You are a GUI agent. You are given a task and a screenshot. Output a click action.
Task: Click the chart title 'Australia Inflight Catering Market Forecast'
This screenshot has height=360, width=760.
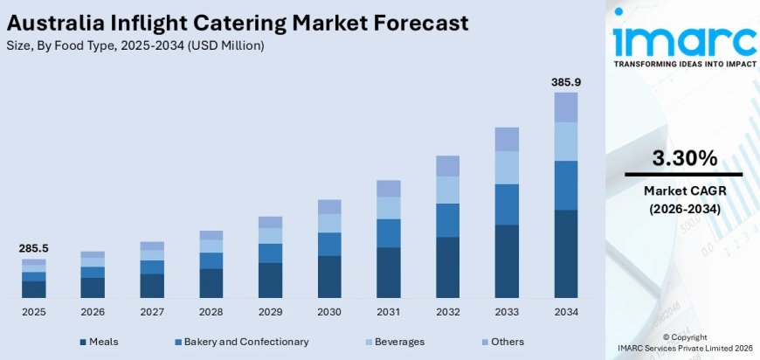coord(236,22)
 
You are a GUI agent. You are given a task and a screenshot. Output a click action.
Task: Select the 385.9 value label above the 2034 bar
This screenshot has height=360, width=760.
coord(566,82)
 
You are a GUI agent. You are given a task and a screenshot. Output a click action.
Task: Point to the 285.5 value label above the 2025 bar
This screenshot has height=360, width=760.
coord(33,248)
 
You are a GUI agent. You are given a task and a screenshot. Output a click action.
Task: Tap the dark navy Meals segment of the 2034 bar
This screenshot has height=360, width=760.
coord(566,253)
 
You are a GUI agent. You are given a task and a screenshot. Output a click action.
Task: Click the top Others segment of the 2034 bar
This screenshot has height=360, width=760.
coord(566,107)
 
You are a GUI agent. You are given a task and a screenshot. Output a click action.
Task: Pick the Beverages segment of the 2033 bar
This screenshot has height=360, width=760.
coord(507,167)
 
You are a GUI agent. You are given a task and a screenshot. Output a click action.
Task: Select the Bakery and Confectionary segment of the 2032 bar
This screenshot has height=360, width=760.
coord(447,220)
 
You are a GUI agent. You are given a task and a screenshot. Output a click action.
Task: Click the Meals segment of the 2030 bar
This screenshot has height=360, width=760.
coord(329,276)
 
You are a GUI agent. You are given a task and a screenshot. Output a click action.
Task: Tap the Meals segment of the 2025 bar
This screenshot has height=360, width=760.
coord(33,289)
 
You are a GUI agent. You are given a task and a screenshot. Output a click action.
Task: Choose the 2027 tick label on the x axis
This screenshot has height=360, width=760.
coord(152,311)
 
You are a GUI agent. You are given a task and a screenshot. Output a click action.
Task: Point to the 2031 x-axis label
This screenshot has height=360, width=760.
coord(389,311)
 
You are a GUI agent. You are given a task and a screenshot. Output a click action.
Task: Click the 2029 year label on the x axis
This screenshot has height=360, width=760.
coord(270,311)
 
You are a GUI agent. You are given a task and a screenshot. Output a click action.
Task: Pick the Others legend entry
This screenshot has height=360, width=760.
coord(502,342)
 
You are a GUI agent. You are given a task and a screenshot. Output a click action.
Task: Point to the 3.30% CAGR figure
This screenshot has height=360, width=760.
coord(684,158)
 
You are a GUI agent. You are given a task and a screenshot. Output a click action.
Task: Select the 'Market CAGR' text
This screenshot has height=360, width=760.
coord(684,190)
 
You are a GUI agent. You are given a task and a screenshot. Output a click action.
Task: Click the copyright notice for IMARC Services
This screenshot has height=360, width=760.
coord(684,342)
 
